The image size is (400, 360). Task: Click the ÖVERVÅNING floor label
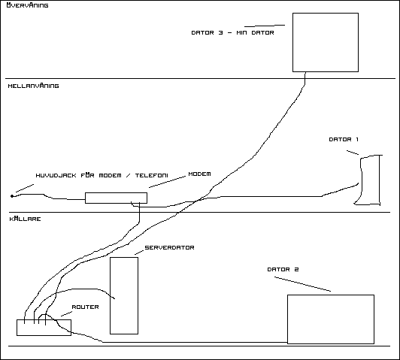tap(27, 5)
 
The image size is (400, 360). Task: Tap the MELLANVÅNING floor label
tap(33, 86)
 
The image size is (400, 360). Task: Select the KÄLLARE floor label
tap(25, 219)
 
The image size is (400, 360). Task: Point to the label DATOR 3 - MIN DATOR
tap(232, 32)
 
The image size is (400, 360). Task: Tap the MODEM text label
tap(199, 174)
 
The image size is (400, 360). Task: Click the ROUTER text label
tap(85, 307)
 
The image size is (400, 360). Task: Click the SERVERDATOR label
tap(169, 247)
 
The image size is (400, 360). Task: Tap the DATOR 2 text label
tap(283, 270)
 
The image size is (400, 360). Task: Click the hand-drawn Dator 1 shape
tap(379, 180)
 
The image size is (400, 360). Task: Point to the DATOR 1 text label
tap(344, 140)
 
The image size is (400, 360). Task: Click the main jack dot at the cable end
tap(12, 196)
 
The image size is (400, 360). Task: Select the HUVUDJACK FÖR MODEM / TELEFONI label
tap(102, 175)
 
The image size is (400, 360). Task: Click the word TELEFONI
tap(152, 175)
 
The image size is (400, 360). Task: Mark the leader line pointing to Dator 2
tap(302, 284)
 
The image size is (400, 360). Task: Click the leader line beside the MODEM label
tap(167, 182)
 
